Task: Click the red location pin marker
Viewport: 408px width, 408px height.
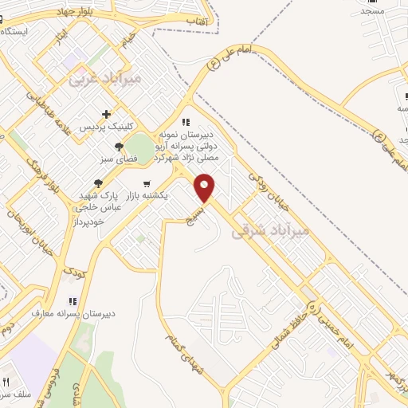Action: click(206, 187)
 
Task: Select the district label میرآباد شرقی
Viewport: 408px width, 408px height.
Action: click(269, 232)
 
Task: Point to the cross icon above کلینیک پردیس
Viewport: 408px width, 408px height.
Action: click(106, 114)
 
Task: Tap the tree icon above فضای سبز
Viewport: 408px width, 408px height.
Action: click(119, 147)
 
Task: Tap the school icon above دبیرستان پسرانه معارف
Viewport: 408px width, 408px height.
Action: click(73, 301)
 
